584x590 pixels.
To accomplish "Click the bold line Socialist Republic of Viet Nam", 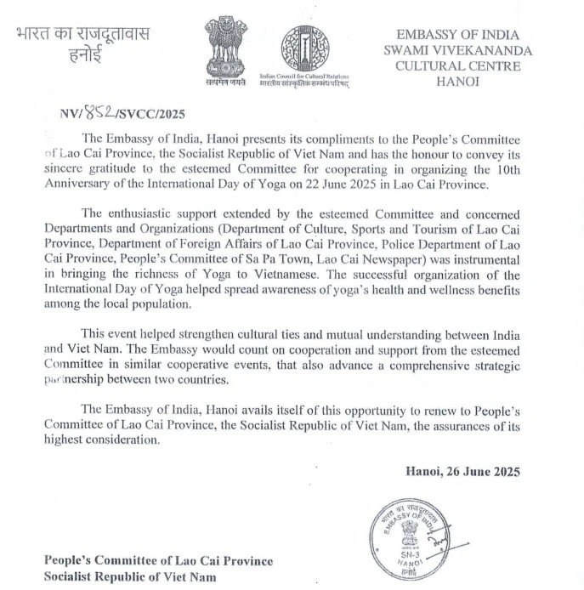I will pos(131,576).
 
